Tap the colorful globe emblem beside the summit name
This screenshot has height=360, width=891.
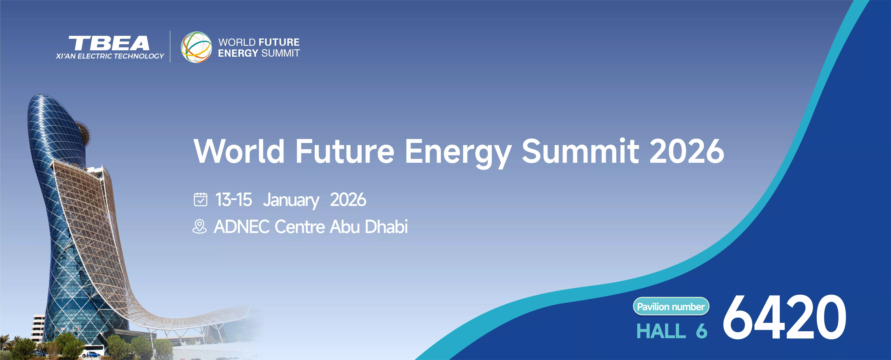click(x=196, y=47)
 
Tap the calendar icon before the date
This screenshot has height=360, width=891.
click(x=201, y=200)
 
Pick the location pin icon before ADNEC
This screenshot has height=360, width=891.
click(x=200, y=226)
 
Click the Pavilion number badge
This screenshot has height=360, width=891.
click(x=671, y=306)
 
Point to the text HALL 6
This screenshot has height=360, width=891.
click(x=672, y=331)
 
